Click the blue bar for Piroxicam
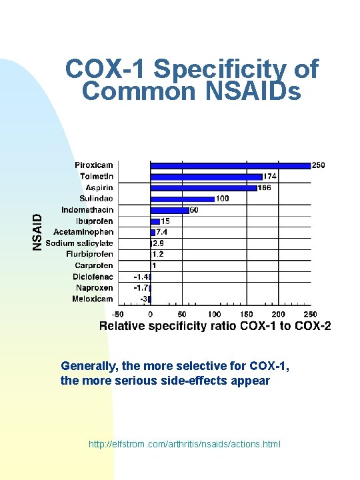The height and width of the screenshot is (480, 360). [x=230, y=165]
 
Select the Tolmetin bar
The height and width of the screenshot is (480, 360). [x=206, y=177]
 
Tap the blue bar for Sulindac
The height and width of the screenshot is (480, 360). [x=182, y=199]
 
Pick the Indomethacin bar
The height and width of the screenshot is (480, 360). [x=169, y=210]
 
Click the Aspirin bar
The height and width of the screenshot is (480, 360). [x=203, y=188]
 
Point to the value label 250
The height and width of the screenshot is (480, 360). [x=319, y=165]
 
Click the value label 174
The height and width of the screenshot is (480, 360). [x=270, y=177]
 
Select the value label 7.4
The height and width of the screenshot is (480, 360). [x=162, y=232]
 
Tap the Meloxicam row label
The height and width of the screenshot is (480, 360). [x=93, y=299]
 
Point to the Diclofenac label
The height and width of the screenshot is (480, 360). [x=94, y=277]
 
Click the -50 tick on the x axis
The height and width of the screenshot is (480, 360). [x=117, y=313]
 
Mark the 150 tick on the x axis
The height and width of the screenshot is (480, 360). [x=246, y=313]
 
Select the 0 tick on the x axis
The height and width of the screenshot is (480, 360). [x=150, y=313]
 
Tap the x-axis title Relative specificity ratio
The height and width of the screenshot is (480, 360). [x=215, y=326]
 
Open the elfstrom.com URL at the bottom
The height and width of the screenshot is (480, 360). [x=185, y=443]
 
